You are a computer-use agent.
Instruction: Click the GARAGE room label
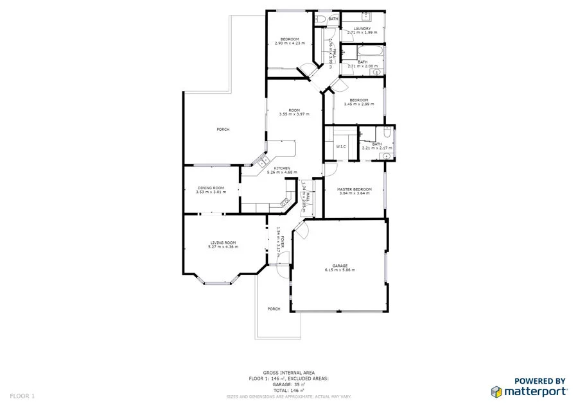click(x=340, y=266)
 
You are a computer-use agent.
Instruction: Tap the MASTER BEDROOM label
click(x=355, y=189)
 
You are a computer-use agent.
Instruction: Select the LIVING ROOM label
click(x=223, y=242)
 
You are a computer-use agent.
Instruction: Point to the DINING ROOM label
click(x=211, y=187)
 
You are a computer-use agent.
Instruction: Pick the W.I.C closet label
click(x=341, y=147)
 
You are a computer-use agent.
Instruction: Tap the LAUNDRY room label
click(x=362, y=28)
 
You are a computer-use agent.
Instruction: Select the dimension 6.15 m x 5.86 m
click(x=340, y=270)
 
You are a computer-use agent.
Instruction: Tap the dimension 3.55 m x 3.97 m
click(x=294, y=114)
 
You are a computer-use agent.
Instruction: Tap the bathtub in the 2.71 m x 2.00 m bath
click(x=363, y=51)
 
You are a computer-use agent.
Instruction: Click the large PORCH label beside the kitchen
click(x=223, y=130)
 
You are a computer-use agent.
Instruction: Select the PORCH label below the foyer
click(x=274, y=309)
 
